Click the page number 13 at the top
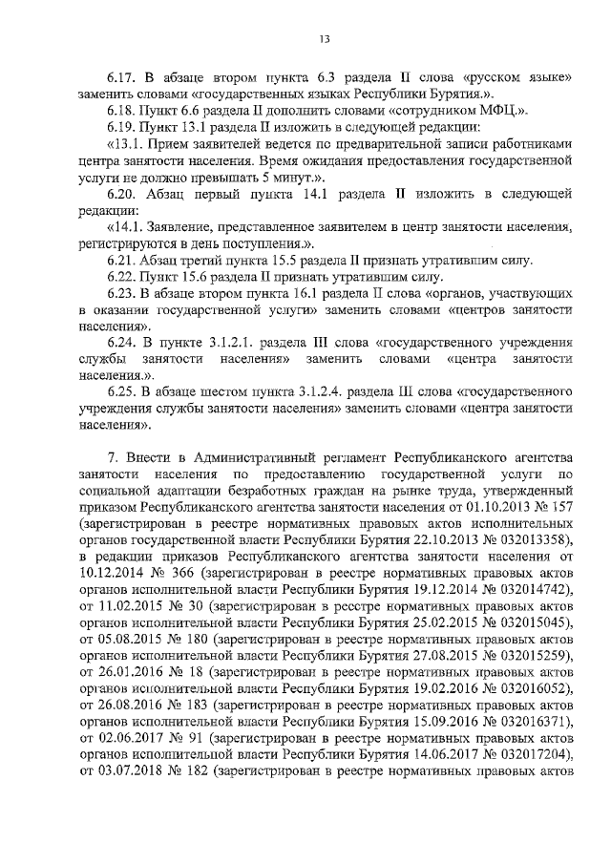[x=324, y=38]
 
